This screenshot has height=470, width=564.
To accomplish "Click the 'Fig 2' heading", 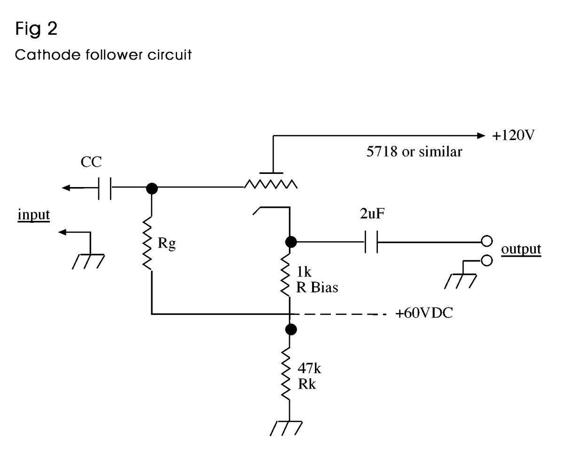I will (37, 29).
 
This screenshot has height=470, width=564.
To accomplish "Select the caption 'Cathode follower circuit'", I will (103, 55).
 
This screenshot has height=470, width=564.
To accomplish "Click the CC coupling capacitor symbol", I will (104, 188).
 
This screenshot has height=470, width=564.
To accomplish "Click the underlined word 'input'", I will (34, 215).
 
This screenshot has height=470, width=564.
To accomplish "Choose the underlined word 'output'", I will (521, 249).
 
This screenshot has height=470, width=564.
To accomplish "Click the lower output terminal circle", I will (487, 260).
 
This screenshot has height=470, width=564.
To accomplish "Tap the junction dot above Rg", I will (151, 188).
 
